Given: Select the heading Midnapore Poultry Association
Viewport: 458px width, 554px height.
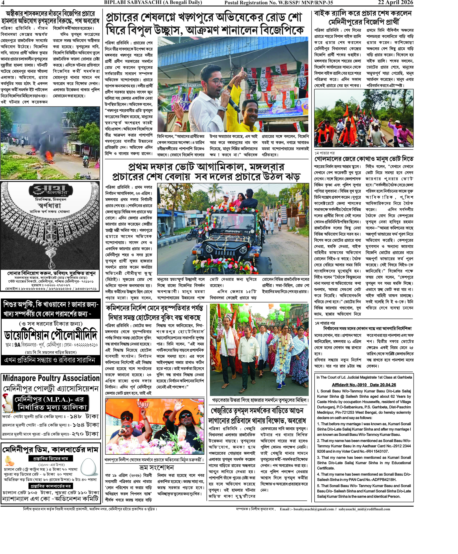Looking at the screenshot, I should click(51, 378).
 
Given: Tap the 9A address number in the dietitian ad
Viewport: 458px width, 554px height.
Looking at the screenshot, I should click(17, 345).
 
